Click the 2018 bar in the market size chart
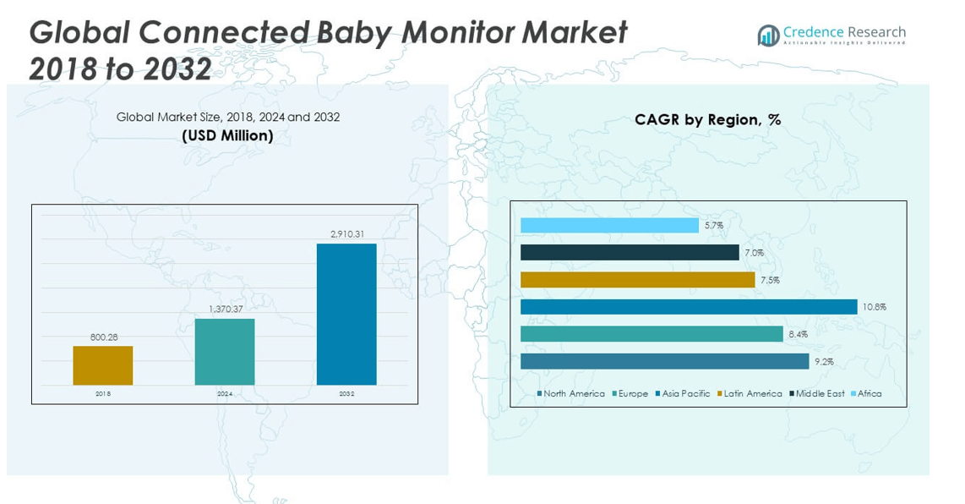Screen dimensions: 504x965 [x=102, y=365]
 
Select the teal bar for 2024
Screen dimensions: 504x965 [x=224, y=351]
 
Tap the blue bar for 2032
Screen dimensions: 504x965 [x=346, y=314]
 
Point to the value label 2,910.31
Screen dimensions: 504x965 [x=346, y=234]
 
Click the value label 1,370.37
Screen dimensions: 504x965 [x=225, y=310]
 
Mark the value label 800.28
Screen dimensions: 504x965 [x=103, y=337]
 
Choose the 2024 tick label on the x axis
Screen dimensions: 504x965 [x=225, y=394]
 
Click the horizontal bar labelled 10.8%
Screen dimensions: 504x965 [x=689, y=307]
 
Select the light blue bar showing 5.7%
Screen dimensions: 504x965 [x=609, y=226]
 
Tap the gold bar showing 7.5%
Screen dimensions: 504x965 [x=637, y=280]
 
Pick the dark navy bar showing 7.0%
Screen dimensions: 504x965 [x=630, y=253]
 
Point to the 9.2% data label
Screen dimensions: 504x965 [x=823, y=362]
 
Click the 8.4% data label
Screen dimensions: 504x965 [x=798, y=335]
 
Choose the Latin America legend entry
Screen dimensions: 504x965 [x=750, y=394]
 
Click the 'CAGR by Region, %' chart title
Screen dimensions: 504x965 [x=707, y=120]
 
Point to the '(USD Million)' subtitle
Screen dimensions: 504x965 [x=227, y=136]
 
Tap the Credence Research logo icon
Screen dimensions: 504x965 [x=768, y=36]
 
